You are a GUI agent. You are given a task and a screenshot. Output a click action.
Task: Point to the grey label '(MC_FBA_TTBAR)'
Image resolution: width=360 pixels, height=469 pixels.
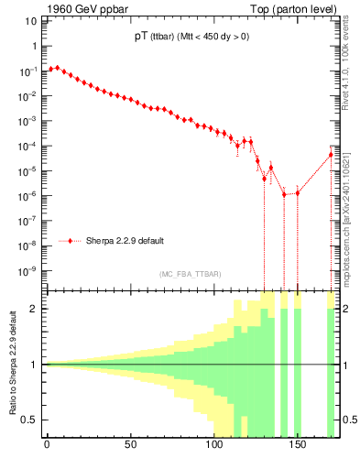[190, 275]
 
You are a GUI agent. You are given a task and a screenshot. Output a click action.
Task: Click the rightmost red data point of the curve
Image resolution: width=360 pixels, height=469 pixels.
[331, 154]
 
